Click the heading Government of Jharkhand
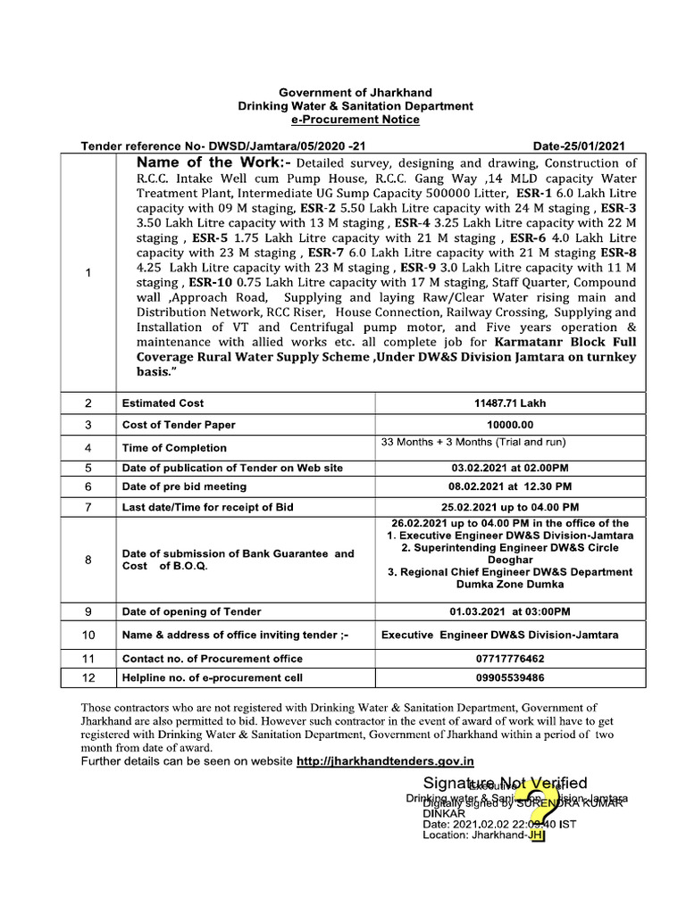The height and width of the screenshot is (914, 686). [x=356, y=93]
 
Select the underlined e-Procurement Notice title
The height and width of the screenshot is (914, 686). [x=356, y=120]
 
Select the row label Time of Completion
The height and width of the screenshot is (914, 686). [x=174, y=448]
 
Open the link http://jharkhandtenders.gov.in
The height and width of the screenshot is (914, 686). [x=385, y=761]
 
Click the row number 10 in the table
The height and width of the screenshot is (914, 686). [x=88, y=636]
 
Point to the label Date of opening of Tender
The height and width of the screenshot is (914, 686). [x=192, y=611]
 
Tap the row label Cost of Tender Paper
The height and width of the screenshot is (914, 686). [x=179, y=425]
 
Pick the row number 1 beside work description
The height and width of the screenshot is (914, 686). [x=88, y=274]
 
